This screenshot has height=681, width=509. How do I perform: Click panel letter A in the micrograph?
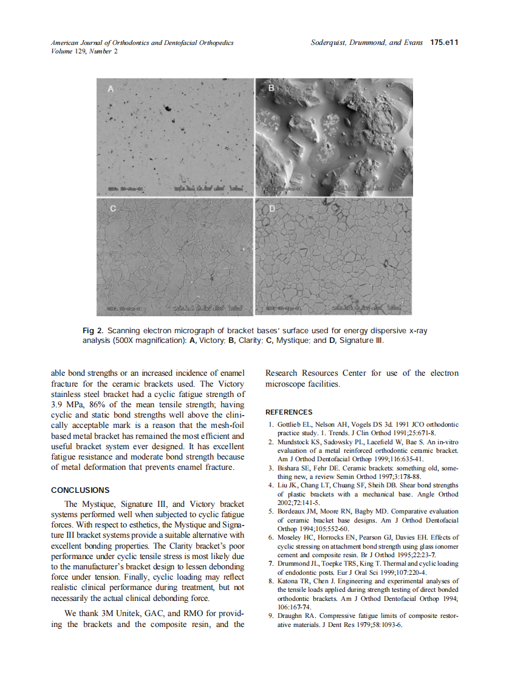(x=111, y=89)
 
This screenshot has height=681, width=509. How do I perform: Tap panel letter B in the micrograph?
(x=272, y=89)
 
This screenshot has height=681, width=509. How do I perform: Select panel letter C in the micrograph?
(x=112, y=208)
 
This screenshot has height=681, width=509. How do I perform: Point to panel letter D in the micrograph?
(x=272, y=208)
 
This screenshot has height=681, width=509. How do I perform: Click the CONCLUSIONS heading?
(x=80, y=490)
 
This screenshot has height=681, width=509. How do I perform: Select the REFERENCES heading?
(x=289, y=412)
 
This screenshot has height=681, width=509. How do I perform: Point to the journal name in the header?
(x=142, y=43)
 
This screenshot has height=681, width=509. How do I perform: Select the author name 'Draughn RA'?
(x=296, y=616)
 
